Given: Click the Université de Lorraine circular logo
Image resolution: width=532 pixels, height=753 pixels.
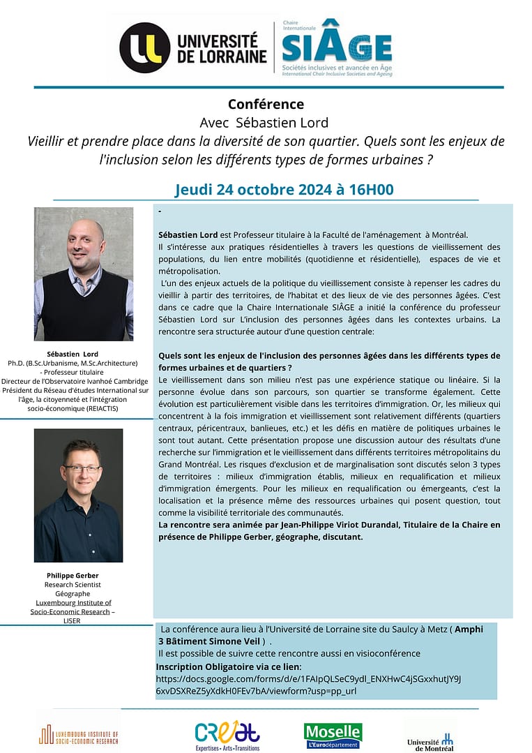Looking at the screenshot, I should [144, 47].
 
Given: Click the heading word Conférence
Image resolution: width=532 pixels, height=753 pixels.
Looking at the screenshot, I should [266, 105].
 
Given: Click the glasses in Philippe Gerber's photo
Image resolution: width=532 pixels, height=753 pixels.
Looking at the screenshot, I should [82, 468].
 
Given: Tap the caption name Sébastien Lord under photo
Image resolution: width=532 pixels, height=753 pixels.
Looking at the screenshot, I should [73, 354].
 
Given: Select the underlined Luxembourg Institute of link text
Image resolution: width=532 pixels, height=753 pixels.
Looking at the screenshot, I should [73, 602].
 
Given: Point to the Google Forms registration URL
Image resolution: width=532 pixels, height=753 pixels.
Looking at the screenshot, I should [308, 684].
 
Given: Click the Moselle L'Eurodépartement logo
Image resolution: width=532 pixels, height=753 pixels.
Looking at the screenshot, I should [333, 736].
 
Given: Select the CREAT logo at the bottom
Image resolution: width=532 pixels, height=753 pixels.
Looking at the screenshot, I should [227, 736].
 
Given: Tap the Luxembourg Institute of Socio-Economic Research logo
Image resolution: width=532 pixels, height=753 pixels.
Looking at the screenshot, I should [78, 736].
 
